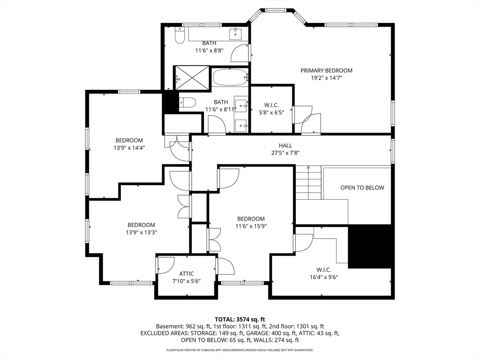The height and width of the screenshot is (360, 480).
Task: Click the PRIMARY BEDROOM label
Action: point(326,70)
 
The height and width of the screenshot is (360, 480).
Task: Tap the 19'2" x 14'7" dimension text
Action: point(326,78)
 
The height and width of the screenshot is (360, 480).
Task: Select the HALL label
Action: point(285,145)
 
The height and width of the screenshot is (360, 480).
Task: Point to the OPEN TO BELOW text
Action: point(362,187)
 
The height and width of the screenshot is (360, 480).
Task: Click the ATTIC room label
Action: point(186,274)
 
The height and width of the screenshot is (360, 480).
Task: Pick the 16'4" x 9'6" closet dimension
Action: point(323,277)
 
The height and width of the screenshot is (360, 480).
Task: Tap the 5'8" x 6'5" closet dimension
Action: point(272,112)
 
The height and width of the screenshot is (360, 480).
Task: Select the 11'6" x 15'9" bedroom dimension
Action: point(251,226)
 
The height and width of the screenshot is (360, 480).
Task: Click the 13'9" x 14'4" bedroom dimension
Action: point(129,148)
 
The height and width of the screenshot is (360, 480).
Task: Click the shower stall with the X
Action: point(192,77)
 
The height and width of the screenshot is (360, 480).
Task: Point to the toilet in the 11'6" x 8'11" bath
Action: point(188,102)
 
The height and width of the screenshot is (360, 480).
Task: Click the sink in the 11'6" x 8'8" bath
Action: point(234,34)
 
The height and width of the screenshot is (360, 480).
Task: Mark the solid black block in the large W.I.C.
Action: point(370,247)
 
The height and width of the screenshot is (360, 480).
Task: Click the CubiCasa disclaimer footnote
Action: point(240,350)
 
